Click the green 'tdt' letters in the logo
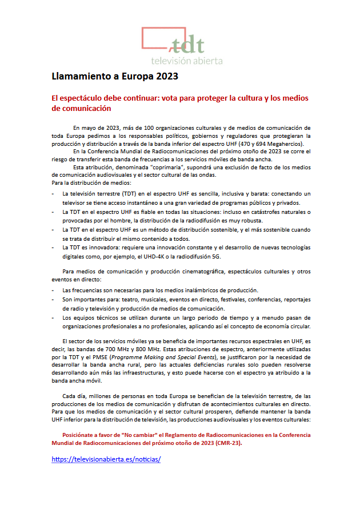(x=189, y=44)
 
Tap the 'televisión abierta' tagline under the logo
(x=186, y=60)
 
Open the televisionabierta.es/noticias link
(x=106, y=459)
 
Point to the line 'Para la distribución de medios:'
(x=91, y=182)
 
